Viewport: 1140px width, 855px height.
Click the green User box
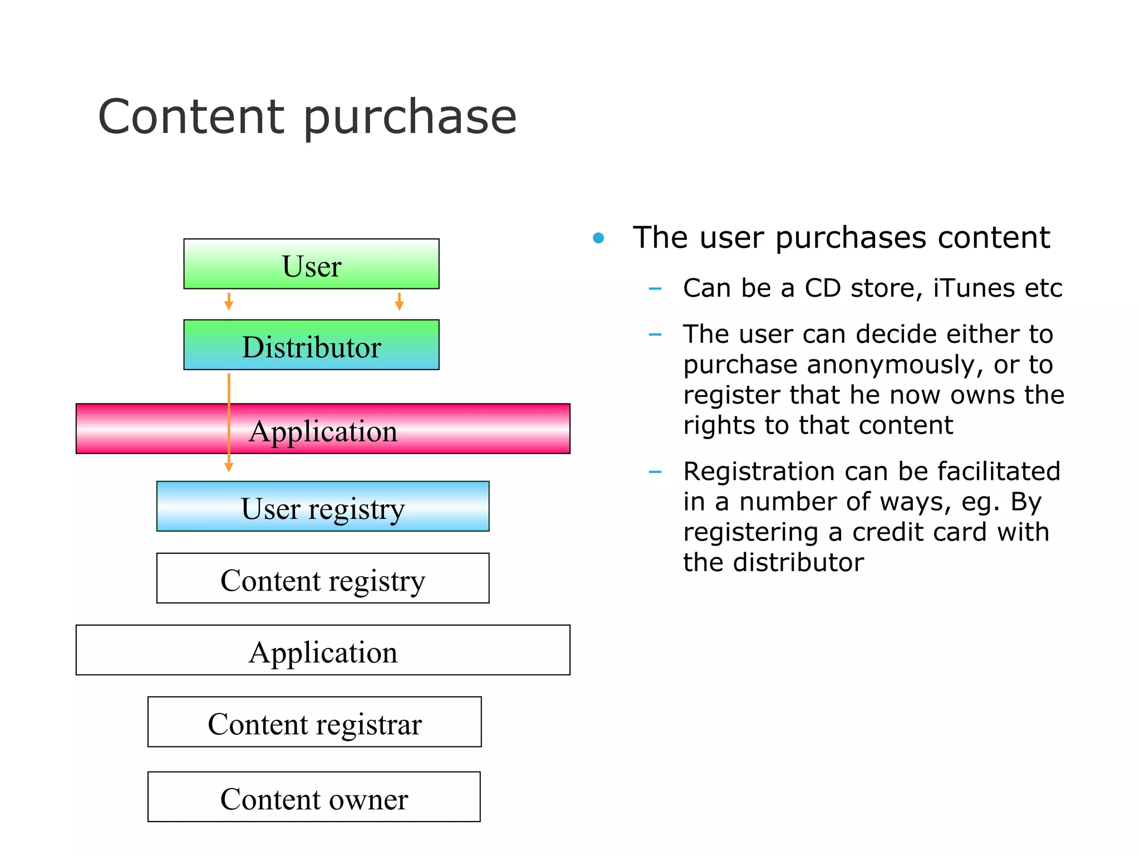[x=311, y=264]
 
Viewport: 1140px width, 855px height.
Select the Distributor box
[x=311, y=345]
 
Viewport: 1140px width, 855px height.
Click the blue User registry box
[x=323, y=506]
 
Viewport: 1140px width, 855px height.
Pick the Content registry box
[x=323, y=578]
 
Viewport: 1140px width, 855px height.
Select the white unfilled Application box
[x=323, y=650]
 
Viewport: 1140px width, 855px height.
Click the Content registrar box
[x=315, y=721]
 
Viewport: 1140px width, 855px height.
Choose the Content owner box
[x=314, y=797]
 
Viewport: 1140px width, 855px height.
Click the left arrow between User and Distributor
[x=228, y=302]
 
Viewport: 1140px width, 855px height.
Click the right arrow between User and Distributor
[x=399, y=302]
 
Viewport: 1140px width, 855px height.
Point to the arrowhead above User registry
[x=228, y=467]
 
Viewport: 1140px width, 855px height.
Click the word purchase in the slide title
[x=410, y=118]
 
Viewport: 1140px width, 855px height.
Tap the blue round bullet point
[x=598, y=238]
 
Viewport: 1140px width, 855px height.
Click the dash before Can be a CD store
[x=655, y=289]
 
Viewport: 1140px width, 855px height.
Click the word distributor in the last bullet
[x=798, y=563]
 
